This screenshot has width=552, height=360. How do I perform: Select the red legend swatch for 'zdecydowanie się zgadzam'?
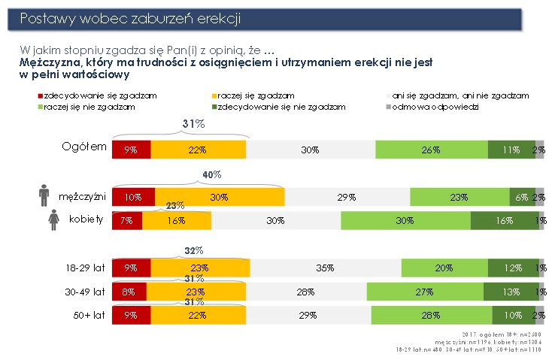coord(40,96)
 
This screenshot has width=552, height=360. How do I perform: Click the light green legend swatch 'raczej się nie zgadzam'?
coord(40,107)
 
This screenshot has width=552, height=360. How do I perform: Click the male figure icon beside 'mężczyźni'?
coord(44,195)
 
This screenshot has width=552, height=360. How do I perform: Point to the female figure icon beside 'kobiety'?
coord(54,219)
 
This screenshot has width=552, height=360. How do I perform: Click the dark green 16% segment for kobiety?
coord(503,220)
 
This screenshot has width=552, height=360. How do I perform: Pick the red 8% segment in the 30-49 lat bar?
coord(129,292)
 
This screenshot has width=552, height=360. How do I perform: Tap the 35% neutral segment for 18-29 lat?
coord(324,268)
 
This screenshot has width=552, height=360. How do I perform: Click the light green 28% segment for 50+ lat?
coord(430,316)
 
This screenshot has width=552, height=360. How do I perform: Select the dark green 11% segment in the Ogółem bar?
coord(511,150)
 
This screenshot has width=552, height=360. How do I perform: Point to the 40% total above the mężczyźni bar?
coord(212,174)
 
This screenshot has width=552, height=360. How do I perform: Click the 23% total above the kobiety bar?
coord(174,204)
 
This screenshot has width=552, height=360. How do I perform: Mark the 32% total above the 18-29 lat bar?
coord(195,250)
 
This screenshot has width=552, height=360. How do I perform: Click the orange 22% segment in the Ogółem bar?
coord(199,150)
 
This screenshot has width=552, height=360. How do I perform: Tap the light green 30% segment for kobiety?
coord(405,220)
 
